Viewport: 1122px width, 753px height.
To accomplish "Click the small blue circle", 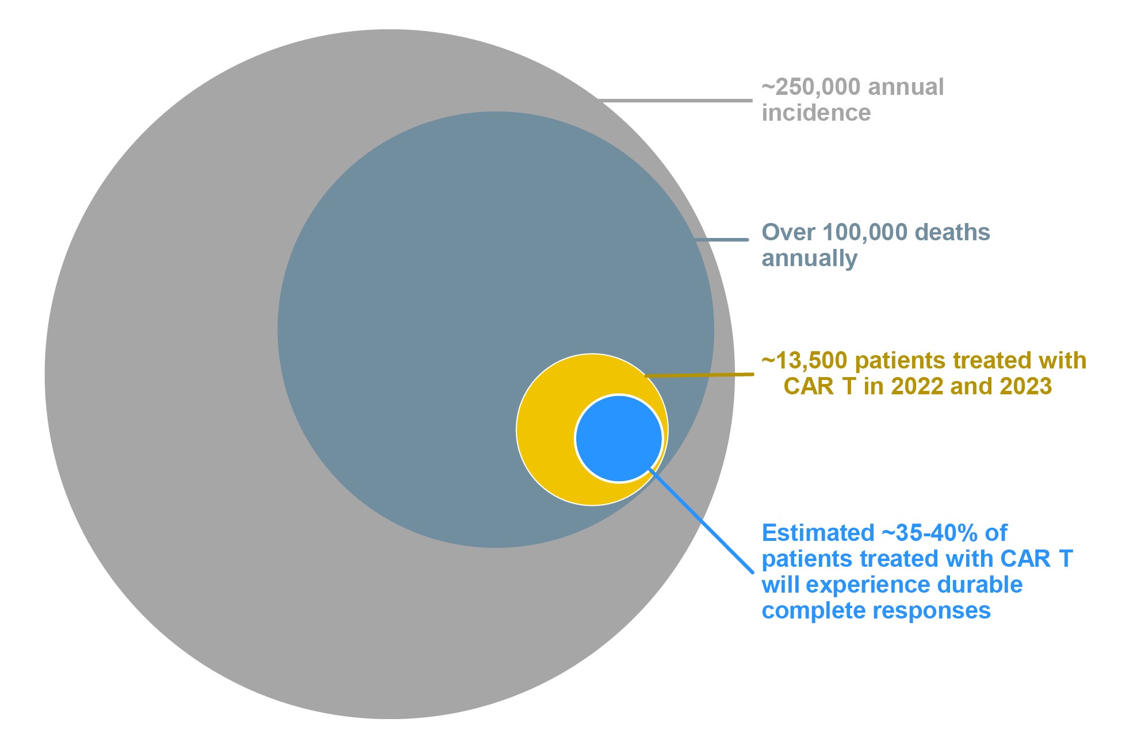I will [619, 438].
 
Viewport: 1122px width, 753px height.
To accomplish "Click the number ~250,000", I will [811, 87].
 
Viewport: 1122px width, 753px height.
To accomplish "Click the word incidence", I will [816, 113].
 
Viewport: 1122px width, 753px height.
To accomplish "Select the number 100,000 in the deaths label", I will [865, 232].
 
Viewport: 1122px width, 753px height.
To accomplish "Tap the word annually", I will [809, 258].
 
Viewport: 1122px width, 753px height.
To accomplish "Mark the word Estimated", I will [817, 533].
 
